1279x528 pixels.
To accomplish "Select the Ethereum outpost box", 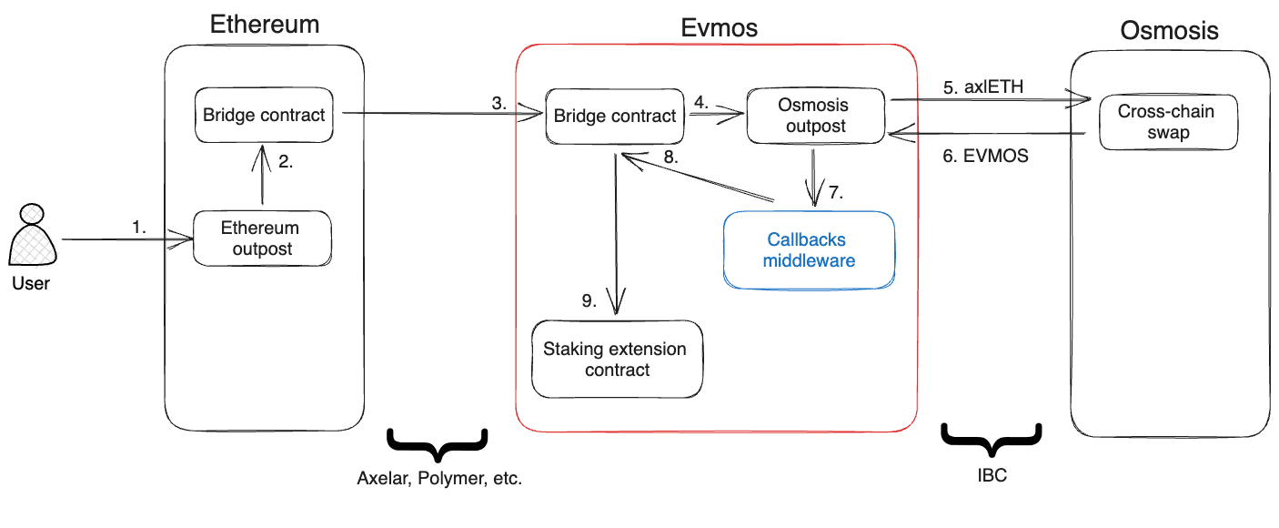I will coord(261,239).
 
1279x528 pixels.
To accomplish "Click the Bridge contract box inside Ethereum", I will coord(264,116).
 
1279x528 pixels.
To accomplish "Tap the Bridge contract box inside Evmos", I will coord(615,116).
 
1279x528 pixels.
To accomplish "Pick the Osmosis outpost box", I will coord(815,116).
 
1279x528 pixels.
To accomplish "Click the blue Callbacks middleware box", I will coord(810,250).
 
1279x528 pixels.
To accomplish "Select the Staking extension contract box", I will coord(616,359).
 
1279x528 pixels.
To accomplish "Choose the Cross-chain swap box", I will coord(1167,123).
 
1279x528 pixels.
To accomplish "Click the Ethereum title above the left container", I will coord(264,25).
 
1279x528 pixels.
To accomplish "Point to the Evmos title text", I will coord(719,28).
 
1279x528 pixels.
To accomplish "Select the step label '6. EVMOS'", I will coord(985,156).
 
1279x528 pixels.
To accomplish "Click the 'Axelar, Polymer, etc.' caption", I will coord(439,478).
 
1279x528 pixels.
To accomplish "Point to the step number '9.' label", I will coord(589,300).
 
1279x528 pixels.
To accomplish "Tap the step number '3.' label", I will coord(499,103).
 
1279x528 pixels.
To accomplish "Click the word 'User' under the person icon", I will coord(31,283).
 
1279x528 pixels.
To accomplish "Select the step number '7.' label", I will coord(837,193).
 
